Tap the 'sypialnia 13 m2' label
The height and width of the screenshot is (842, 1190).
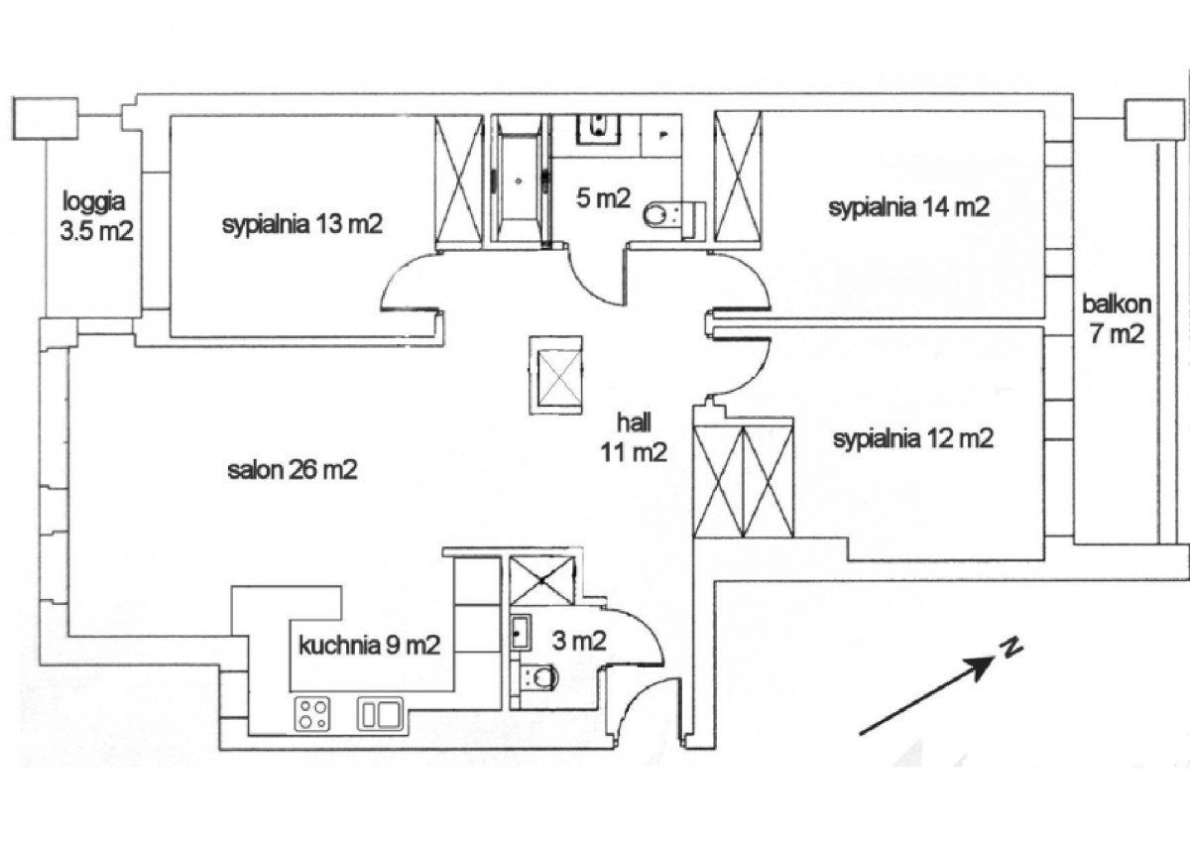point(302,224)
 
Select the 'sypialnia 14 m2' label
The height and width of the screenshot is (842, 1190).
point(909,207)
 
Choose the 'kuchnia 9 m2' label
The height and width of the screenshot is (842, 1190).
point(369,646)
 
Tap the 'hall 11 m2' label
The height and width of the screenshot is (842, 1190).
point(633,438)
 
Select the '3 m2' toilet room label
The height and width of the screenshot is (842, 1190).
point(580,642)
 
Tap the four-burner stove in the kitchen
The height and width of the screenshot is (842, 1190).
point(313,713)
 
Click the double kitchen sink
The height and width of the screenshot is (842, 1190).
point(379,713)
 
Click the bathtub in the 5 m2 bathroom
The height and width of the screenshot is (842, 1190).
point(519,179)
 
